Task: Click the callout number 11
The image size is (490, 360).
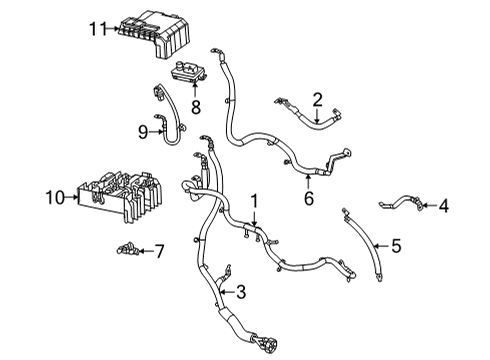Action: point(95,30)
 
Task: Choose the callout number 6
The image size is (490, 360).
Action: point(308,198)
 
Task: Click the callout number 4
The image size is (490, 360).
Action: point(444,207)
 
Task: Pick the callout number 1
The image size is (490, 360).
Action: point(254,200)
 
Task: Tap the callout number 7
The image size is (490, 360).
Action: point(158,249)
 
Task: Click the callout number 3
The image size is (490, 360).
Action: point(240,292)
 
